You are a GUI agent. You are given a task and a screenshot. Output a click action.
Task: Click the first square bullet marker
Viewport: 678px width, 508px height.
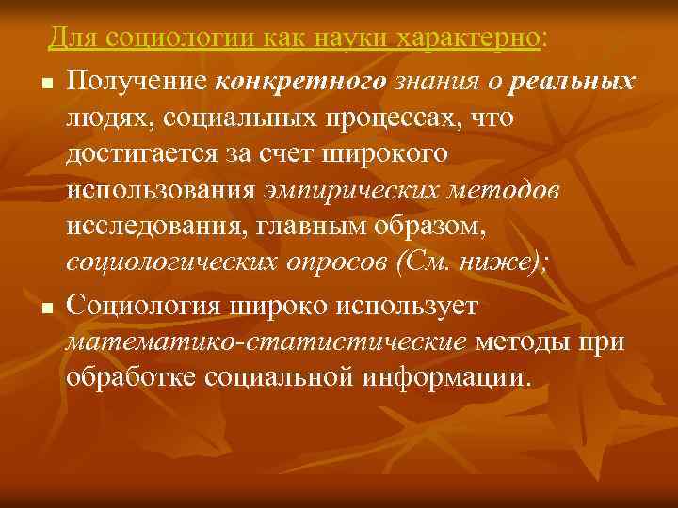[45, 87]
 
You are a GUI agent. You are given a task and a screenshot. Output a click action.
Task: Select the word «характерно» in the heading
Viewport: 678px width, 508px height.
[470, 39]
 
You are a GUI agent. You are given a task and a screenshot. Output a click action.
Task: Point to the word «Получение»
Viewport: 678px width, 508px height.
[137, 82]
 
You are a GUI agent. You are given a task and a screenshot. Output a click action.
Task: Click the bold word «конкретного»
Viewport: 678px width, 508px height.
[300, 82]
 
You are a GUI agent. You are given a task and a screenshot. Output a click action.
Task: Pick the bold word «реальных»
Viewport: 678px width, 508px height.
[571, 82]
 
